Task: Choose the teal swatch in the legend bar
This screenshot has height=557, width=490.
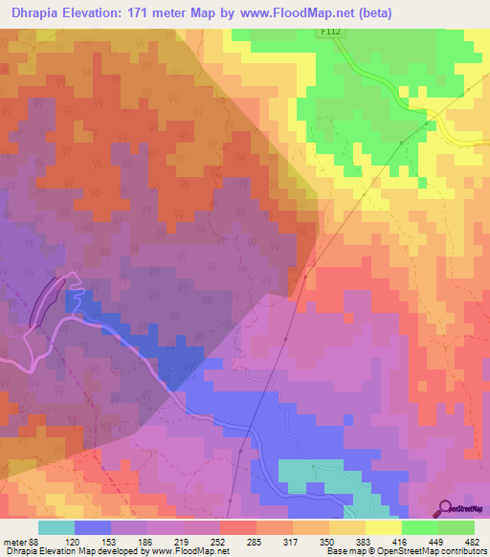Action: (56, 527)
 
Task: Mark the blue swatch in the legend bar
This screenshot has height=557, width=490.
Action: (93, 527)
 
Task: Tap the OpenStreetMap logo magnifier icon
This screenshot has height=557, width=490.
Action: (444, 507)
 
